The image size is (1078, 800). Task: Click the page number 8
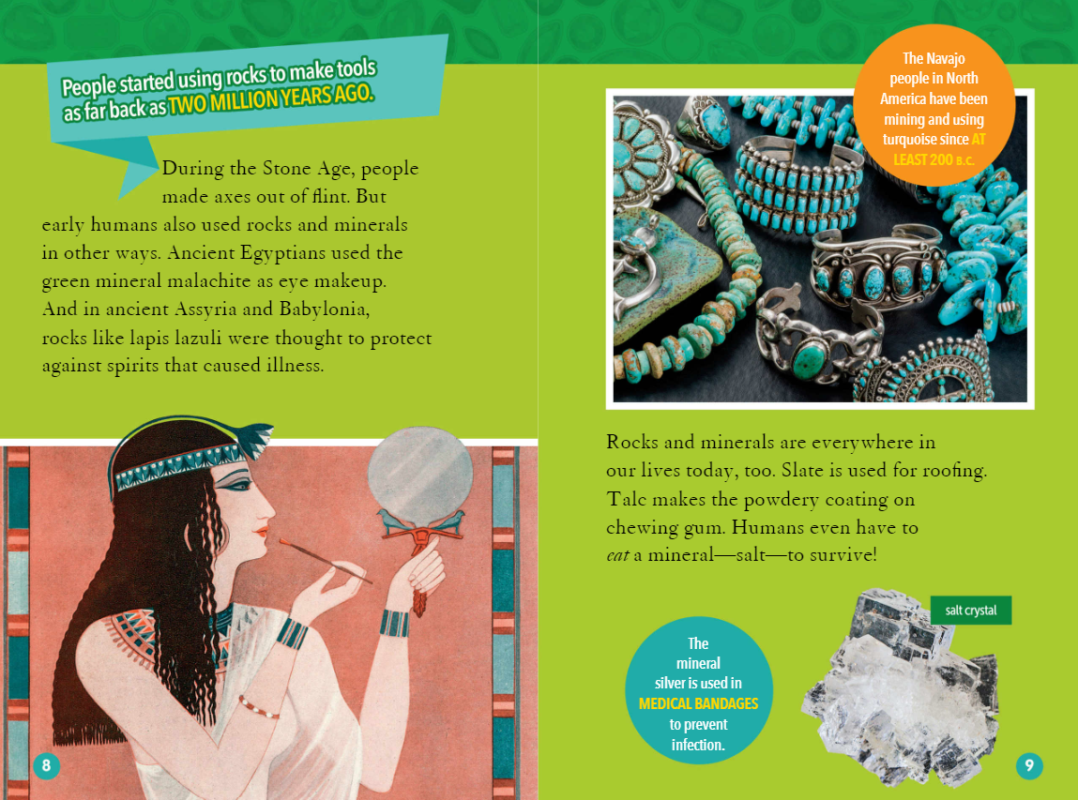(x=46, y=765)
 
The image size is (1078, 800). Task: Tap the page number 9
(x=1028, y=765)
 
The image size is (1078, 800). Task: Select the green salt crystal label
(x=971, y=611)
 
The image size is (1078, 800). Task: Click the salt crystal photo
(x=901, y=687)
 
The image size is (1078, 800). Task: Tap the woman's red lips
(x=261, y=531)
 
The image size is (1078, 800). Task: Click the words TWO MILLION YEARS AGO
(x=271, y=100)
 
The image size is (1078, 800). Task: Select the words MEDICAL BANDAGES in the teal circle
(x=699, y=703)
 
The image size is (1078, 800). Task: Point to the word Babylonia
(x=325, y=309)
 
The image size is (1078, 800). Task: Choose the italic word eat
(x=617, y=555)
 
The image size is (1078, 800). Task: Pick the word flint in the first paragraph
(x=330, y=197)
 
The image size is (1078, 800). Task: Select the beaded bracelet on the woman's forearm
(x=259, y=707)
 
